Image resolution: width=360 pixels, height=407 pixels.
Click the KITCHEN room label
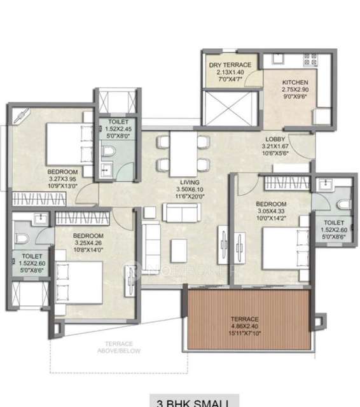[x=295, y=83]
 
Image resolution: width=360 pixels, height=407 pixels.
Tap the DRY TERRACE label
[x=230, y=66]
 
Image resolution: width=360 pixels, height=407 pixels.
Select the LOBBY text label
[x=275, y=139]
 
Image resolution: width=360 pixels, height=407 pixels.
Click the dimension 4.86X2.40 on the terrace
[x=245, y=326]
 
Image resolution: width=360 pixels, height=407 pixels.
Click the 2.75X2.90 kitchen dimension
[x=295, y=90]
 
